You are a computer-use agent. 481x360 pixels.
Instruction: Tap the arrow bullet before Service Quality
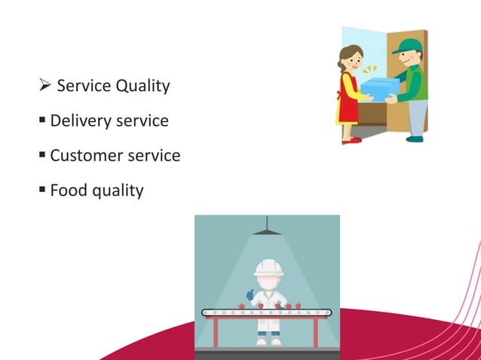click(x=44, y=86)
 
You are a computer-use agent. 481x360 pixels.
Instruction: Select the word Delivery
click(x=79, y=121)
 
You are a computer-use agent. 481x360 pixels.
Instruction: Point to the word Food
click(x=69, y=191)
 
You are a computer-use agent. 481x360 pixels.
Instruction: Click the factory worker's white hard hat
click(x=268, y=267)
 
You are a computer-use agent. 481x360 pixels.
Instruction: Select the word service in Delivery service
click(x=142, y=121)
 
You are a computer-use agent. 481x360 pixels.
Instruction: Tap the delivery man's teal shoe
click(x=414, y=139)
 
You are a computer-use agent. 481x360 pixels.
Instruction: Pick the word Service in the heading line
click(x=82, y=87)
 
